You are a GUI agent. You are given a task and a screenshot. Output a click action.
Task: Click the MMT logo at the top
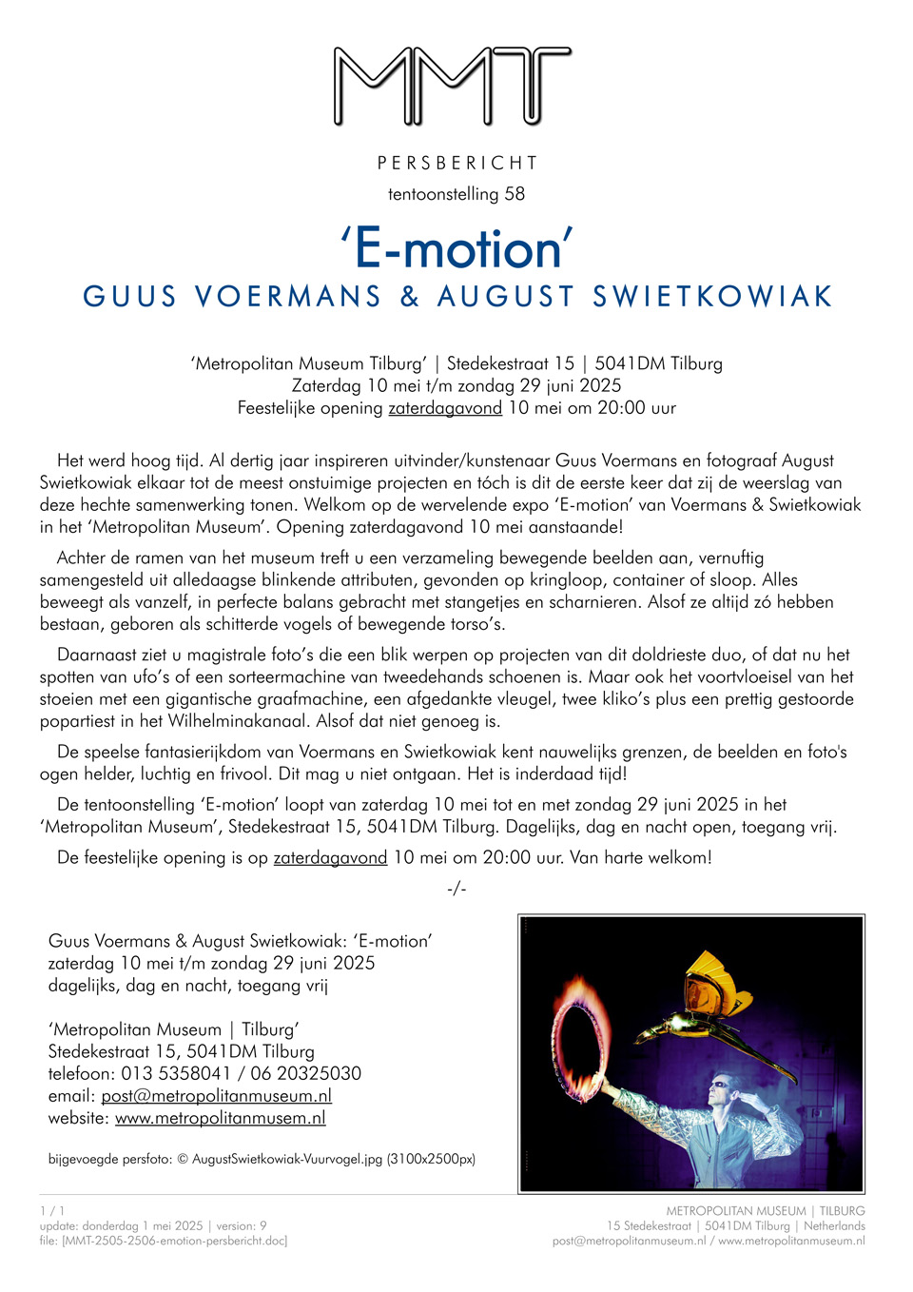[453, 87]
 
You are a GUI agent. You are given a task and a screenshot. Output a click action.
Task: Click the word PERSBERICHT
[457, 163]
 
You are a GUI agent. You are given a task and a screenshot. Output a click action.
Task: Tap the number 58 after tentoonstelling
[515, 194]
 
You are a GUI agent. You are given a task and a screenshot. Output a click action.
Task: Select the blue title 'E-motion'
[457, 249]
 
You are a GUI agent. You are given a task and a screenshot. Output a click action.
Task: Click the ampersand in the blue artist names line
[410, 297]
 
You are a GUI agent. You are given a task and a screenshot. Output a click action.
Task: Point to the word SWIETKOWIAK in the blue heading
[712, 297]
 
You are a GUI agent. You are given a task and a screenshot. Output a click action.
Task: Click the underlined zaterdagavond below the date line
[445, 408]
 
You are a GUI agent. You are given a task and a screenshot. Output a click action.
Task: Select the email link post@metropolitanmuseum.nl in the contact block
[217, 1096]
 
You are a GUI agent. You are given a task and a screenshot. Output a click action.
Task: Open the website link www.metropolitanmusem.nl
[221, 1118]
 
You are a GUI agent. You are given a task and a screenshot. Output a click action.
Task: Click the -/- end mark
[456, 889]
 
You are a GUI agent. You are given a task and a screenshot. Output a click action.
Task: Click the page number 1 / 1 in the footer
[52, 1211]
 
